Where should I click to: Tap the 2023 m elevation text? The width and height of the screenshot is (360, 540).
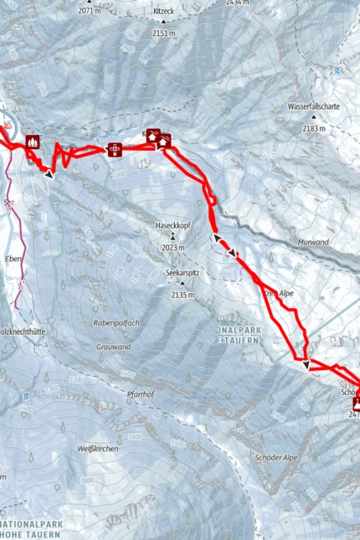(x=172, y=248)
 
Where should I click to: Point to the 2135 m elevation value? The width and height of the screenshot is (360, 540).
(x=183, y=295)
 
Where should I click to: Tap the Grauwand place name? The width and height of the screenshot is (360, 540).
(x=113, y=346)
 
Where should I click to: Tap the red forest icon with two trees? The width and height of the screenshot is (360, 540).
(x=33, y=141)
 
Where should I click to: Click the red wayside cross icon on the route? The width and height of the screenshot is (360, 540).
(x=115, y=149)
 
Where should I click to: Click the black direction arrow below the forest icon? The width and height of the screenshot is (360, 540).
(x=49, y=173)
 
